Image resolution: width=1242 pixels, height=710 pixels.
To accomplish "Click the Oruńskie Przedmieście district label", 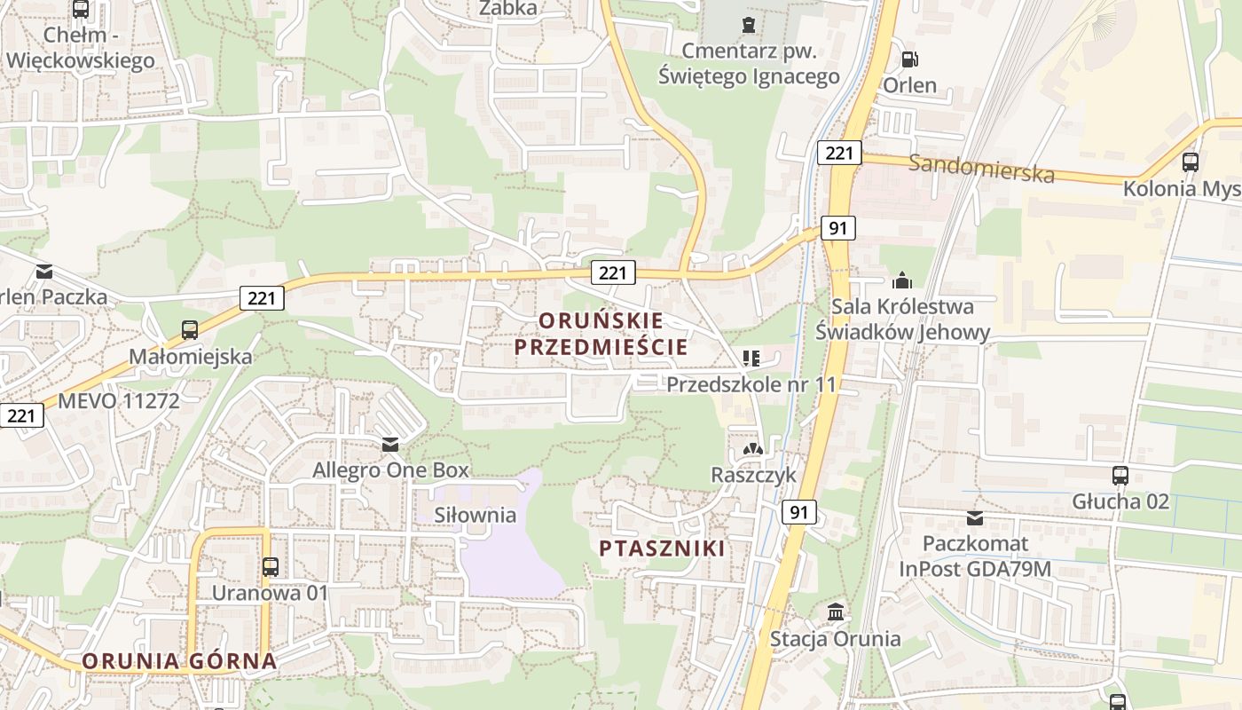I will click(601, 333).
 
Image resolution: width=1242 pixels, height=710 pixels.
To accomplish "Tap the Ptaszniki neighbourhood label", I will click(661, 548).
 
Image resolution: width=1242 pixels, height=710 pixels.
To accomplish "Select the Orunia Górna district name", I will click(179, 660).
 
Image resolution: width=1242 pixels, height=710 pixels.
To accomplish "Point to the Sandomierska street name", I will click(982, 167).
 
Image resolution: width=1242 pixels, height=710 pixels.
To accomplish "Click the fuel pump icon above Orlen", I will click(909, 59).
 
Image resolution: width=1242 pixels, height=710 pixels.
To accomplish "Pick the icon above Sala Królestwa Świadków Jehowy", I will click(902, 280).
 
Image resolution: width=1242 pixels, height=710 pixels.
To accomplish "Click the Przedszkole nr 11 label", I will click(751, 384).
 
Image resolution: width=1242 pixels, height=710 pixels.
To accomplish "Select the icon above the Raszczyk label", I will click(753, 449).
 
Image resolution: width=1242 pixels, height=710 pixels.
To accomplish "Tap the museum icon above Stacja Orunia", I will click(835, 611).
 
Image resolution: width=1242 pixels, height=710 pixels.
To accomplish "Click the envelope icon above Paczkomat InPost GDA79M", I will click(975, 517).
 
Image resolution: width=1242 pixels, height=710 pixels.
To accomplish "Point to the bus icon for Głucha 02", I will click(1120, 475).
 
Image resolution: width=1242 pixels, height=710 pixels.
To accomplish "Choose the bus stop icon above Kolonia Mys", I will click(1191, 162).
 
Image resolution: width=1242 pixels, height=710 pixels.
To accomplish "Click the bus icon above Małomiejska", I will click(190, 330).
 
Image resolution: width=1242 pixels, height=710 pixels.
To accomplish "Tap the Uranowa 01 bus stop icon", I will click(271, 566).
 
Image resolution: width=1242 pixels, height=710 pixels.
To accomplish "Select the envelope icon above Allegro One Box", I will click(390, 444).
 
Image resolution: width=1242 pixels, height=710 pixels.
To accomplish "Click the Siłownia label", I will click(475, 515).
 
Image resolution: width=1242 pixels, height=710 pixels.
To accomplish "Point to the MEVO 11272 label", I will click(119, 400).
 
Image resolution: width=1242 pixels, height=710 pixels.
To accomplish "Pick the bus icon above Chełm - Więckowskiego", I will click(81, 10).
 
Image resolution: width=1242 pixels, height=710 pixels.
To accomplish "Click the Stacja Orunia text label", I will click(835, 638).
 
